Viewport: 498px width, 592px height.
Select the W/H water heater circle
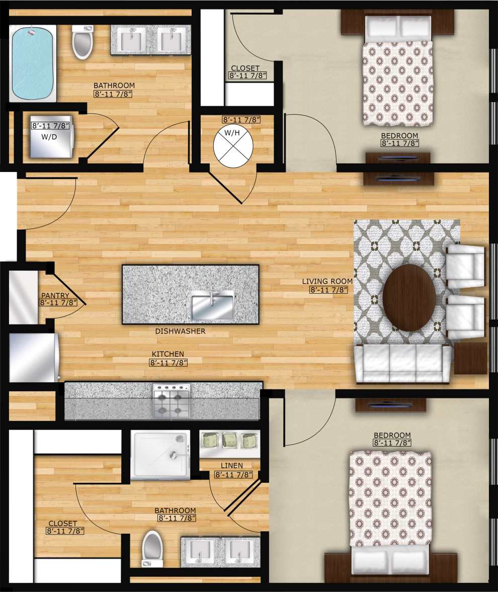pos(231,147)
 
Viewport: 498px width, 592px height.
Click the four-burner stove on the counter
pos(171,401)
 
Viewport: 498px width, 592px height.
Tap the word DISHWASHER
pos(180,331)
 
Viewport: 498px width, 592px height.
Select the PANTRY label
pos(56,296)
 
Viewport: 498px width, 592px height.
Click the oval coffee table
pos(409,297)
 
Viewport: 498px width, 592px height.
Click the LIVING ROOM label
pos(326,281)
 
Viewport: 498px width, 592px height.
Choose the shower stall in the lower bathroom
pos(160,455)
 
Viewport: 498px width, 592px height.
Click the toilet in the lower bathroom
pos(152,548)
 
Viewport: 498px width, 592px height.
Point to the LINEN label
pos(231,466)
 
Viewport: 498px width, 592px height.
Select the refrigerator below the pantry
pos(33,358)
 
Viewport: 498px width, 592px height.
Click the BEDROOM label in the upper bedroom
pos(399,135)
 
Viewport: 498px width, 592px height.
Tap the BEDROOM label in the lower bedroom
pos(392,435)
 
